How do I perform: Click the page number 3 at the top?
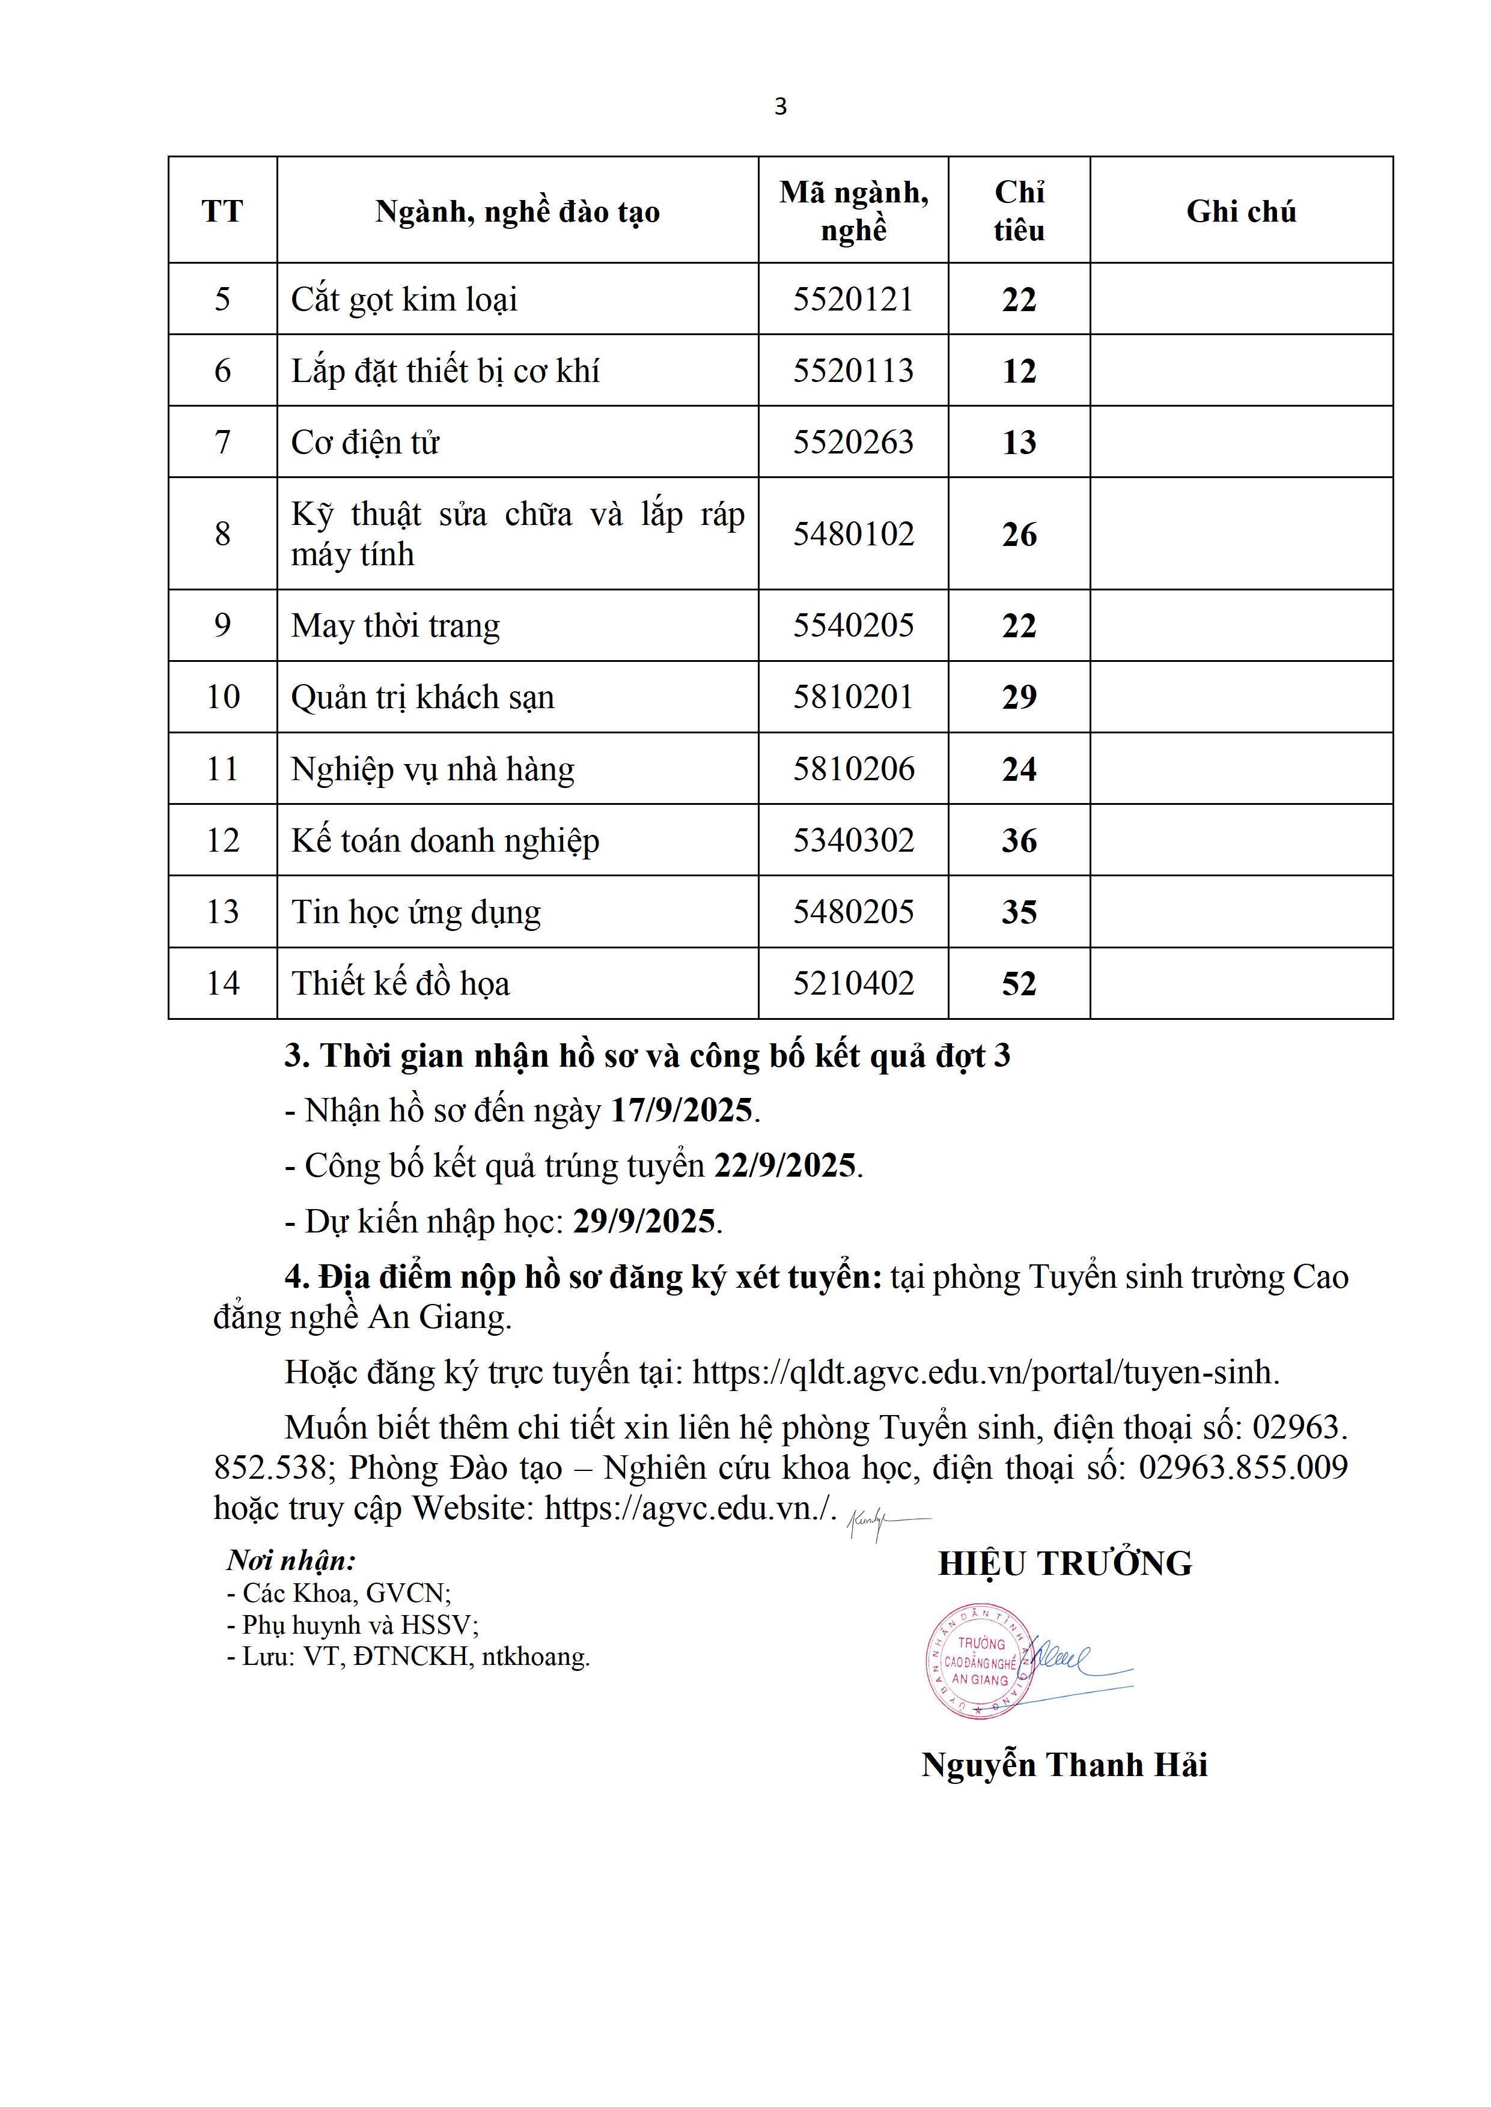pos(781,108)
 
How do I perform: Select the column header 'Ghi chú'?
pos(1240,212)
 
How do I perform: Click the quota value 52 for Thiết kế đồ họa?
pos(1019,984)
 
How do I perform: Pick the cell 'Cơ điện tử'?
pos(365,442)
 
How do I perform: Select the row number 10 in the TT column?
pos(222,697)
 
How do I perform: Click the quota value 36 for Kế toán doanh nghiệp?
pos(1019,841)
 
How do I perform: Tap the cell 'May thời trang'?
pos(395,626)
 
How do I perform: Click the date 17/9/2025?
pos(681,1111)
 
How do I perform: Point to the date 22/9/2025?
pos(785,1165)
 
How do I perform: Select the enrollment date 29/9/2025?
pos(644,1222)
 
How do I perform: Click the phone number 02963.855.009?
pos(1243,1467)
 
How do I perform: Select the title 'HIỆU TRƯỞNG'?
pos(1065,1563)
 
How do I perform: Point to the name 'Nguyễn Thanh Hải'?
pos(1064,1765)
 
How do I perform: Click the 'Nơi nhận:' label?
pos(291,1560)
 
